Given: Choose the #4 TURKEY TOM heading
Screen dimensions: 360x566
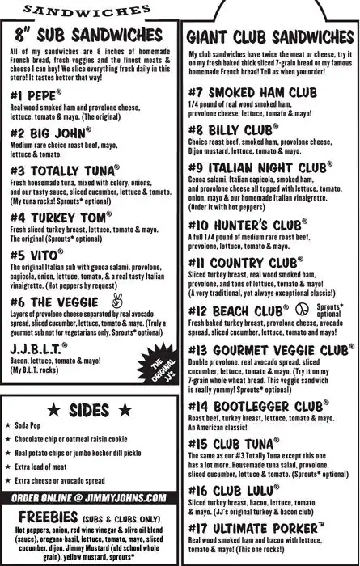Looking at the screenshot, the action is [x=57, y=218].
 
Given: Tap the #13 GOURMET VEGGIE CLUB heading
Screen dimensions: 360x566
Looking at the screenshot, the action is [x=266, y=351].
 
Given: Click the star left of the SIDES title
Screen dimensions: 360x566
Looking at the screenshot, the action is [x=51, y=409].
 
